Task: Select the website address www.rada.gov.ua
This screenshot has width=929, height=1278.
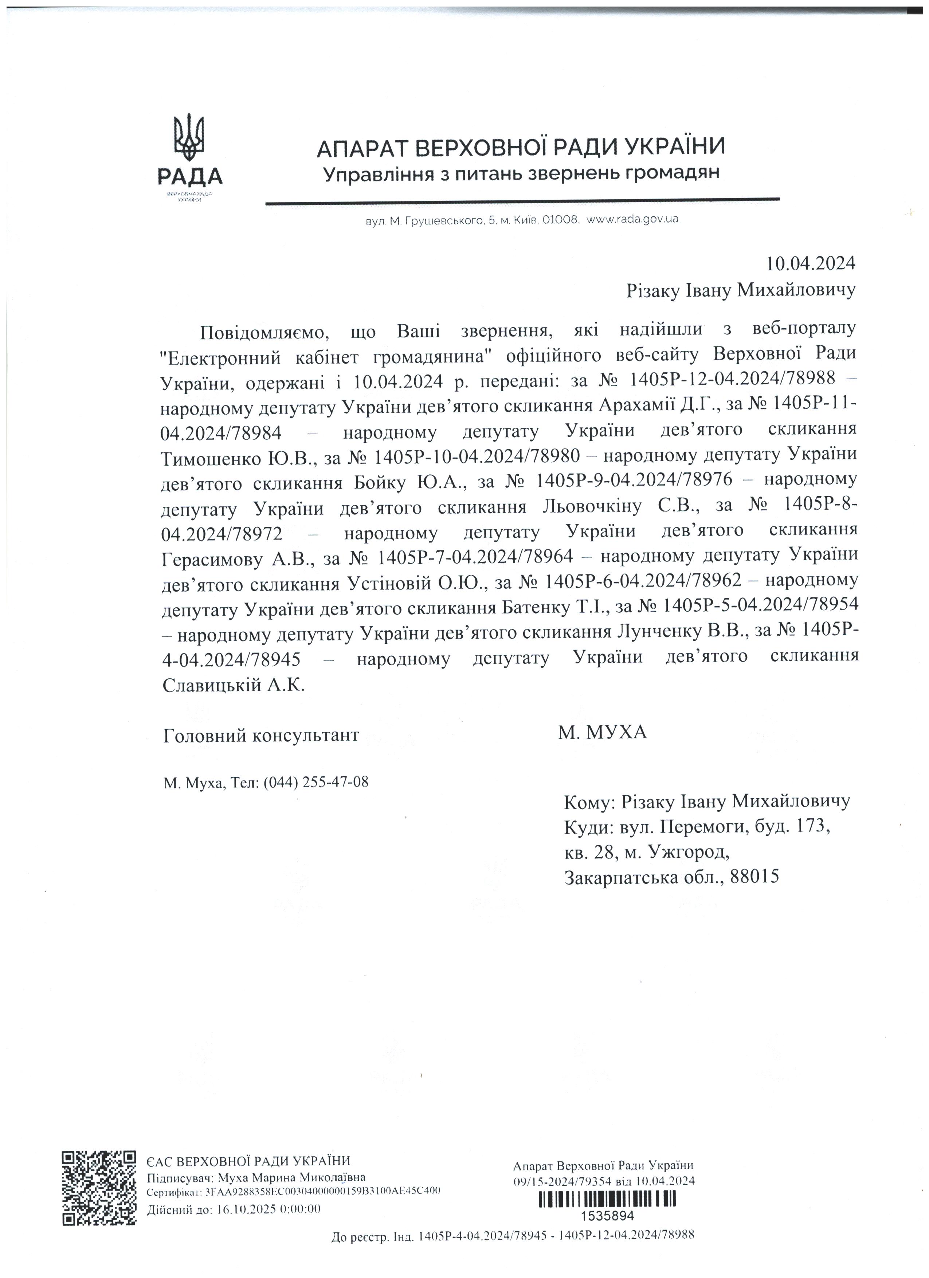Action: click(x=632, y=219)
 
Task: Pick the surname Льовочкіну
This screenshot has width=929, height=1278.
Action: click(x=592, y=507)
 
